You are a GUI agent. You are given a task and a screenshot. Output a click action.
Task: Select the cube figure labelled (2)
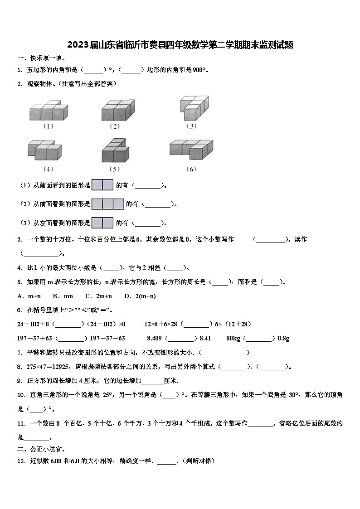point(117,110)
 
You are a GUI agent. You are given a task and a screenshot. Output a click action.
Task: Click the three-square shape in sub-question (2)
point(108,204)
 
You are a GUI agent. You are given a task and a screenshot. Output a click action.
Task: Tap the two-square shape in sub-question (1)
point(102,185)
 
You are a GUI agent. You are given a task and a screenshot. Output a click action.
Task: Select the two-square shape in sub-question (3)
point(102,223)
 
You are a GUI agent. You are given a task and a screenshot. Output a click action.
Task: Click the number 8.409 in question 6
point(154,338)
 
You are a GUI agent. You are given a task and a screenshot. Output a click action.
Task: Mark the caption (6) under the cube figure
point(191,169)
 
